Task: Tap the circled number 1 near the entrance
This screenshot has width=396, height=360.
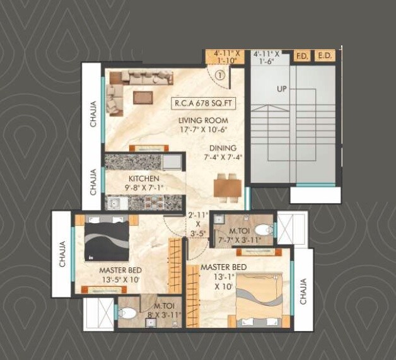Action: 219,74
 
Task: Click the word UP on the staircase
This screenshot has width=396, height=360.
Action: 281,89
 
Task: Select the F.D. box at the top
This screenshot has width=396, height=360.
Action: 301,56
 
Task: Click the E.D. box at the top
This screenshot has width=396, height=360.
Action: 325,56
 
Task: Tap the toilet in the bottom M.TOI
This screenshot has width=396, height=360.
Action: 128,313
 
